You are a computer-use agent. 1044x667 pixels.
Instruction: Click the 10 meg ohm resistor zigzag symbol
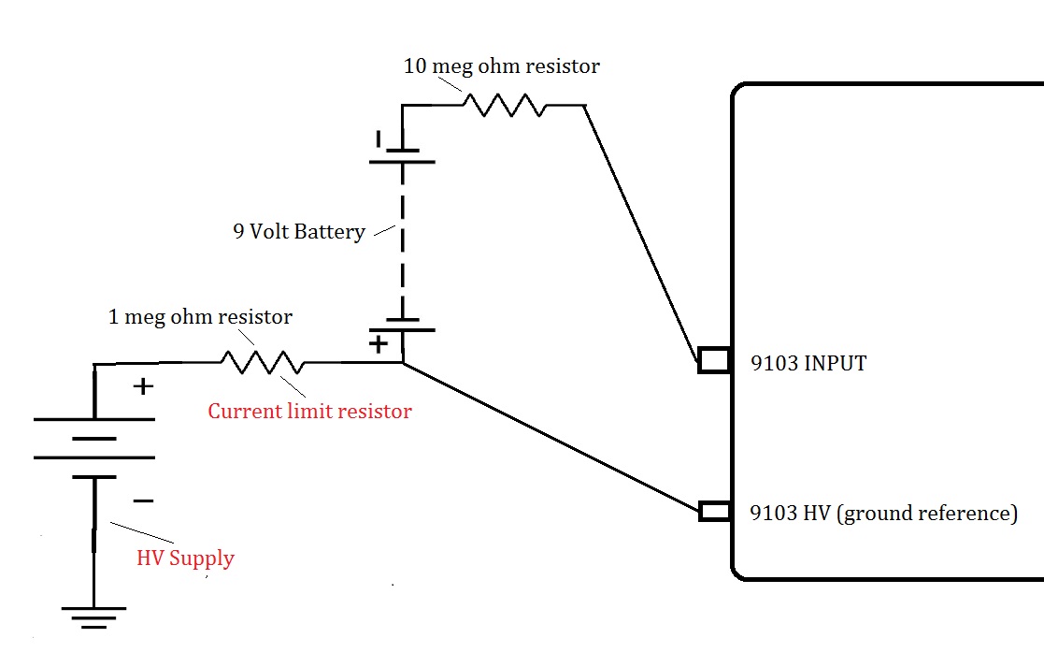click(505, 105)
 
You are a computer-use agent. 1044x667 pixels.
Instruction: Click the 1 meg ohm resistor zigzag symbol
click(262, 362)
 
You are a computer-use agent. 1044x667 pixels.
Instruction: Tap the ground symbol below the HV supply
click(93, 617)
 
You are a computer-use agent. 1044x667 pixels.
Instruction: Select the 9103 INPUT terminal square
click(713, 360)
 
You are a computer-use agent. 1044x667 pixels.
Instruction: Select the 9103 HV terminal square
click(713, 511)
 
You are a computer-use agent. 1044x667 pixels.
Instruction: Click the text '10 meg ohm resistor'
click(501, 66)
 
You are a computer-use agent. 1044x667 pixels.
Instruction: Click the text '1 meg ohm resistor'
click(200, 317)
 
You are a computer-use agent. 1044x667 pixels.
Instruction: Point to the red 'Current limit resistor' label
click(309, 411)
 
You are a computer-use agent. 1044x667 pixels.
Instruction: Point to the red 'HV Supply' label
click(185, 558)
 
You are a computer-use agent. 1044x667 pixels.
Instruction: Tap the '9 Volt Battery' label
click(299, 231)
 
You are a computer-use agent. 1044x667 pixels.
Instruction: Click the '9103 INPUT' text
click(808, 363)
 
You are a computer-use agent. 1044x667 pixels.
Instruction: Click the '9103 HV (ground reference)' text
click(884, 513)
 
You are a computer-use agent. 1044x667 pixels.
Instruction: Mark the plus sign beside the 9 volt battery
click(378, 343)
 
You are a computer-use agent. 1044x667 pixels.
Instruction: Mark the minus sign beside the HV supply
click(143, 501)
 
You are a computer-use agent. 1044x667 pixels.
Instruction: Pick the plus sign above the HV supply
click(143, 385)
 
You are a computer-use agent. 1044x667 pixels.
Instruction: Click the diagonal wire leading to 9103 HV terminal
click(551, 437)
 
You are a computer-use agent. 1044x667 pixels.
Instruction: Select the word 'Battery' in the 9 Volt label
click(330, 231)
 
